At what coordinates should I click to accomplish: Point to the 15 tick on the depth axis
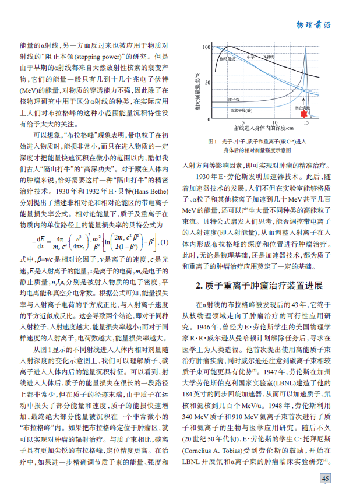(x=306, y=122)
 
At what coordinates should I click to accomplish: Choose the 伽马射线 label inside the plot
(x=227, y=59)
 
